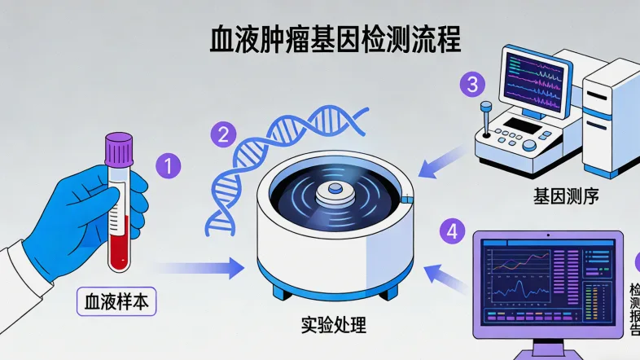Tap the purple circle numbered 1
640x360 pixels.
tap(168, 167)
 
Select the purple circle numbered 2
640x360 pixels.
tap(223, 133)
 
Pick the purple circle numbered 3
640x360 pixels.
tap(472, 84)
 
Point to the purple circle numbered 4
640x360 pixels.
tap(453, 230)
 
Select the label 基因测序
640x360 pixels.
tap(561, 195)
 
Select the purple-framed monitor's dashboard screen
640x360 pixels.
tap(547, 283)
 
